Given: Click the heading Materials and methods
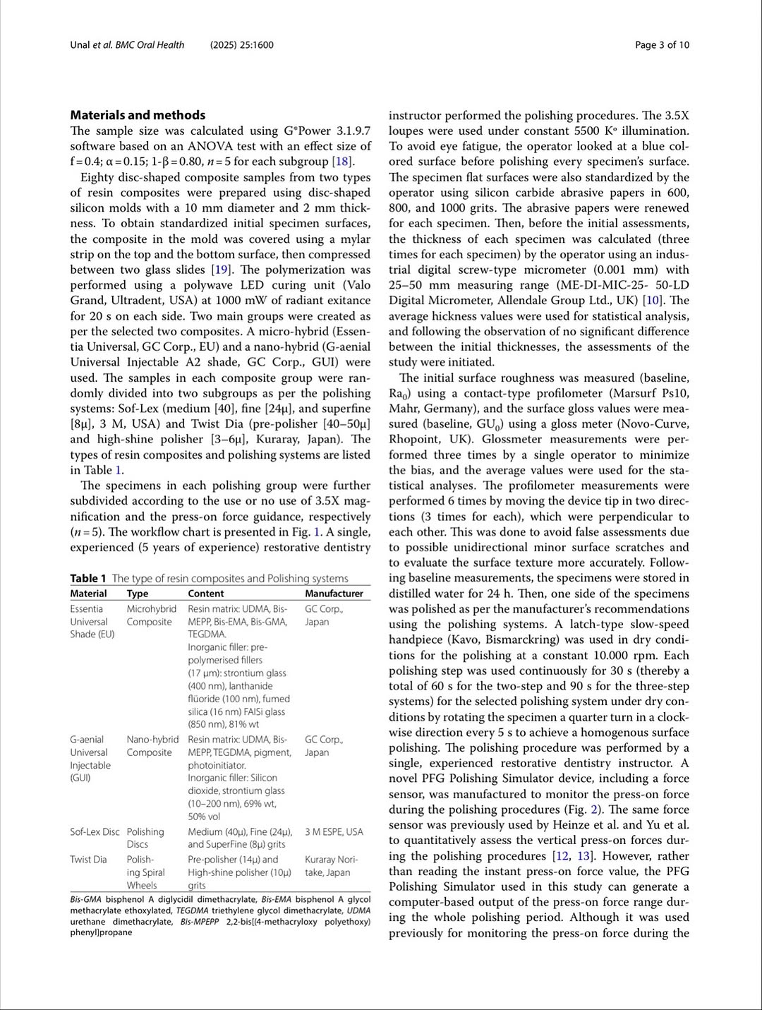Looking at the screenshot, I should (x=138, y=115).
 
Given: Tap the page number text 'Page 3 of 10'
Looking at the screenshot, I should (x=662, y=45).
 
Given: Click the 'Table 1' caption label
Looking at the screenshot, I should (x=88, y=579).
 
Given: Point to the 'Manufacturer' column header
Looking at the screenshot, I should (x=334, y=594).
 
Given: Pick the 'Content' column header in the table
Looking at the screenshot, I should (x=205, y=594).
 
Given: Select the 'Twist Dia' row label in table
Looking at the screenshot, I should (x=88, y=859).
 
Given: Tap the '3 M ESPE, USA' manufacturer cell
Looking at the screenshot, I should (x=334, y=832).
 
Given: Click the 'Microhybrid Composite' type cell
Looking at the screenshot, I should (x=151, y=615).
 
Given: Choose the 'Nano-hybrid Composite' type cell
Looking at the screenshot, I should (x=152, y=746).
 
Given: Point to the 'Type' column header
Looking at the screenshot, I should (x=138, y=594).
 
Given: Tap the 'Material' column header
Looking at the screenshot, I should (x=88, y=594).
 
